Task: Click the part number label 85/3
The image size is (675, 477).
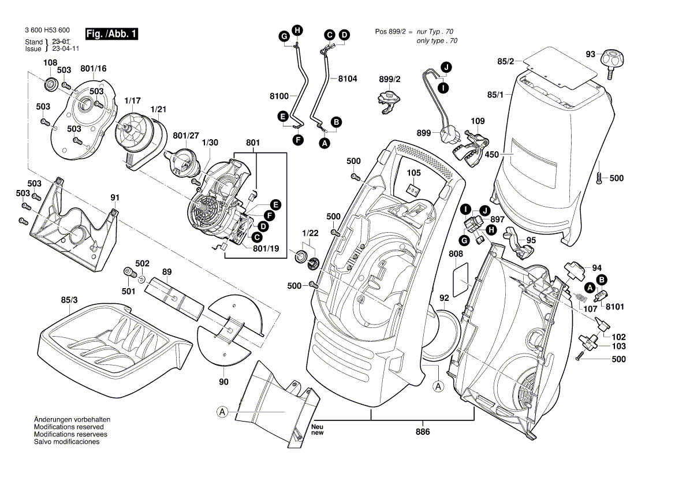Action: [x=69, y=300]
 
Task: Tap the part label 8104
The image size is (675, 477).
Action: [x=348, y=78]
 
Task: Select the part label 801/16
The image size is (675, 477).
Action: [x=94, y=69]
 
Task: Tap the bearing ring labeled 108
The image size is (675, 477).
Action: [x=50, y=84]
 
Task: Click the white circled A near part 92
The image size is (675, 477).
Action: [x=438, y=385]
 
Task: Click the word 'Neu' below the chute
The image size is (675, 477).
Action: [x=316, y=426]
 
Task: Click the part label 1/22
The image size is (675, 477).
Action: [x=310, y=233]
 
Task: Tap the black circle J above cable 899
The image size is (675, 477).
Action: [x=447, y=68]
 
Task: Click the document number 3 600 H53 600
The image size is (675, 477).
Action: [x=47, y=30]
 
